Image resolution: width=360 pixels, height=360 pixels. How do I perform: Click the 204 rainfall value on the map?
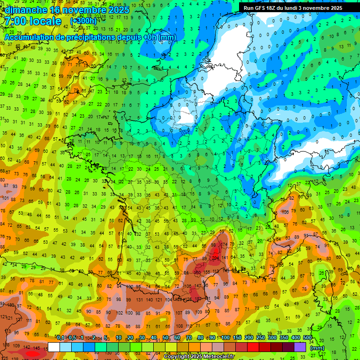[216, 257]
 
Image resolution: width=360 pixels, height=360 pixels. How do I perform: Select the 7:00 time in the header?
[14, 21]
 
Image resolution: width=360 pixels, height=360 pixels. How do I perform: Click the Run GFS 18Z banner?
[292, 8]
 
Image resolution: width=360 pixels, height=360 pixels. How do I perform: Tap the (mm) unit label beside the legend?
[317, 348]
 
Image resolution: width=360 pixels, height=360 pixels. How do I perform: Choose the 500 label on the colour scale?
[307, 337]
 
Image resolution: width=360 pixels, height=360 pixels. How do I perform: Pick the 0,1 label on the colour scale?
[60, 337]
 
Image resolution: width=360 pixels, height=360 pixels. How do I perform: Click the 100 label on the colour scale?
[226, 337]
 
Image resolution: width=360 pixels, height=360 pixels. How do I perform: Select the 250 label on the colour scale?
[260, 337]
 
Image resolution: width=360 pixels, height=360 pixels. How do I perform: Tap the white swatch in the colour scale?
[54, 347]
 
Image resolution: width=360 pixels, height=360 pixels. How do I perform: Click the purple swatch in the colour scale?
[300, 347]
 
